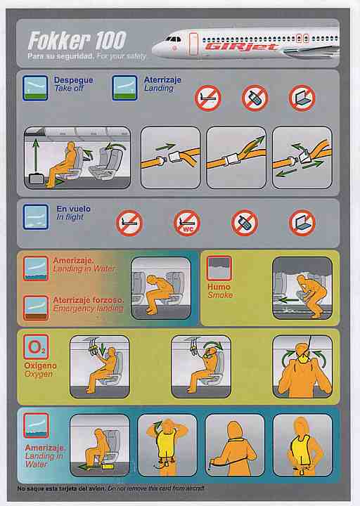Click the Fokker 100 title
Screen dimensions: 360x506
tap(77, 40)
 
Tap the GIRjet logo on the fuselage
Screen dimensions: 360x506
tap(241, 47)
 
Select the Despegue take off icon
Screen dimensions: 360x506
tap(35, 88)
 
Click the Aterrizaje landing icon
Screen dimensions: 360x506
tap(124, 88)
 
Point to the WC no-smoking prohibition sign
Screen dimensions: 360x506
tap(187, 223)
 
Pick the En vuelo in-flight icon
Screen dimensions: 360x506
tap(36, 217)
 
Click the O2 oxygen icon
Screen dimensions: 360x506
tap(36, 347)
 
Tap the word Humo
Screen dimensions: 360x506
tap(219, 287)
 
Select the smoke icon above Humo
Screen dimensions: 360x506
tap(219, 268)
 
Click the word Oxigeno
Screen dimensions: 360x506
tap(40, 365)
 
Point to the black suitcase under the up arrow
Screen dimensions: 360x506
tap(36, 179)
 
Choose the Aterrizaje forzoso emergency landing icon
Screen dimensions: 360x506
tap(36, 308)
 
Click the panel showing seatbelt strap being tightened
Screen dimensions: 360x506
tap(236, 158)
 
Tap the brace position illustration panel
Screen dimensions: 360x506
tap(161, 288)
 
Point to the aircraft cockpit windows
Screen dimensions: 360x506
tap(174, 39)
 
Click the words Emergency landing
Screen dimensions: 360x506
tap(88, 309)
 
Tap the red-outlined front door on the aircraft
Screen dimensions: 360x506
tap(193, 44)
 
